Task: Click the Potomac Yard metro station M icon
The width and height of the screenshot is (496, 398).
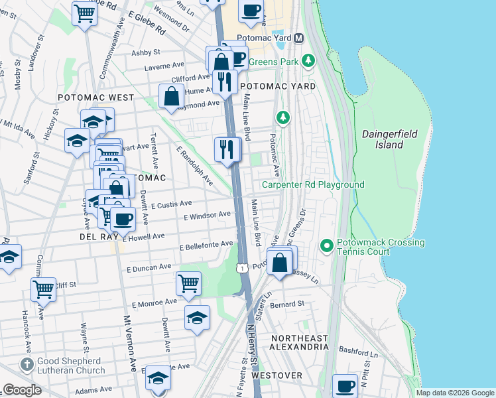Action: (298, 38)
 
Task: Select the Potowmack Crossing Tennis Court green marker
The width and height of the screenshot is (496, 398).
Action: (326, 246)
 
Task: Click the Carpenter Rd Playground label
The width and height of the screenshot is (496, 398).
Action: (313, 184)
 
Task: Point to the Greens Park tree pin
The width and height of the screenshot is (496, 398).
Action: (308, 62)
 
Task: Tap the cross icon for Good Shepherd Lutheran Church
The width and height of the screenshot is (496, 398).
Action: (26, 364)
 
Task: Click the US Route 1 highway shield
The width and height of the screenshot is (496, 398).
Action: (242, 267)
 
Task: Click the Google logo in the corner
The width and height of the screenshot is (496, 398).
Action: (22, 390)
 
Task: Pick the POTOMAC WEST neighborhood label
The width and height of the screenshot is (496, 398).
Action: (95, 98)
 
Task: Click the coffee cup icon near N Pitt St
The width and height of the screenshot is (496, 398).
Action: (344, 385)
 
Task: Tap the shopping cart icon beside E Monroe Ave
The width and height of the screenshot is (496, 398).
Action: (188, 283)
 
